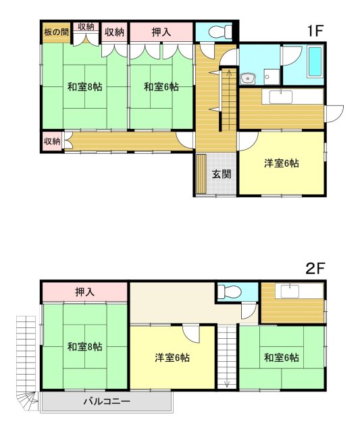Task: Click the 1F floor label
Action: click(x=315, y=30)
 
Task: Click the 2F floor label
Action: click(x=315, y=268)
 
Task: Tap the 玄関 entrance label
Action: click(x=222, y=174)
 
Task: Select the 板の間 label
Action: click(x=56, y=32)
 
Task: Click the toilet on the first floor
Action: click(x=220, y=32)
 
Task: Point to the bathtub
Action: click(x=315, y=62)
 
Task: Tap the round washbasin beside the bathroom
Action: click(x=248, y=79)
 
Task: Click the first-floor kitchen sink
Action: click(x=280, y=97)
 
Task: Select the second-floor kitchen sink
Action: click(x=290, y=292)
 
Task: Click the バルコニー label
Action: click(x=107, y=401)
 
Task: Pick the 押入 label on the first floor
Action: click(x=161, y=32)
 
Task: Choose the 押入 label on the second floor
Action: click(x=85, y=292)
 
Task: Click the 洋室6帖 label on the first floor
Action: click(x=281, y=163)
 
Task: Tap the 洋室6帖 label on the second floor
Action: click(x=172, y=358)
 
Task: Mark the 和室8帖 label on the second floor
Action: click(x=85, y=346)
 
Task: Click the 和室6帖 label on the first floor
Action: click(x=161, y=87)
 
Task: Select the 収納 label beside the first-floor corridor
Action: click(x=52, y=141)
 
